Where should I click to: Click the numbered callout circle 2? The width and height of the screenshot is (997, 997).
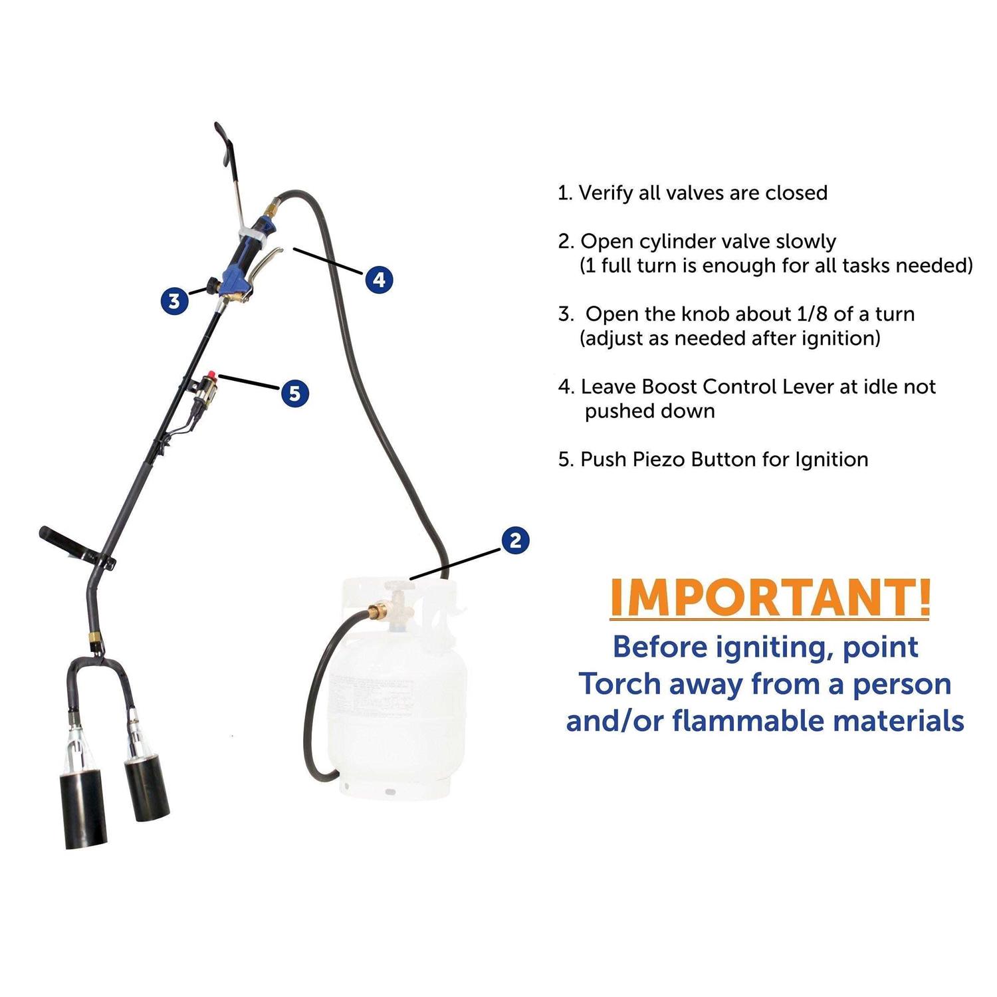coord(516,540)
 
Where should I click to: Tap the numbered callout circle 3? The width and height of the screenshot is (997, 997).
coord(174,300)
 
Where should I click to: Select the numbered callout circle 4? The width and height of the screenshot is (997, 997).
coord(379,279)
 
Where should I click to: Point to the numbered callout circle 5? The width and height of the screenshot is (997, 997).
coord(294,393)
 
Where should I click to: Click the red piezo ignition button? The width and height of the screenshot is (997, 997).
coord(213,376)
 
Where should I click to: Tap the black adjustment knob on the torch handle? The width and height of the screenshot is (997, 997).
coord(213,284)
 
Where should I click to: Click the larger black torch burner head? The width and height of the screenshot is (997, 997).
coord(86,810)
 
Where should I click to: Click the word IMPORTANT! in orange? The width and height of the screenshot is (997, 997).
coord(770,598)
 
